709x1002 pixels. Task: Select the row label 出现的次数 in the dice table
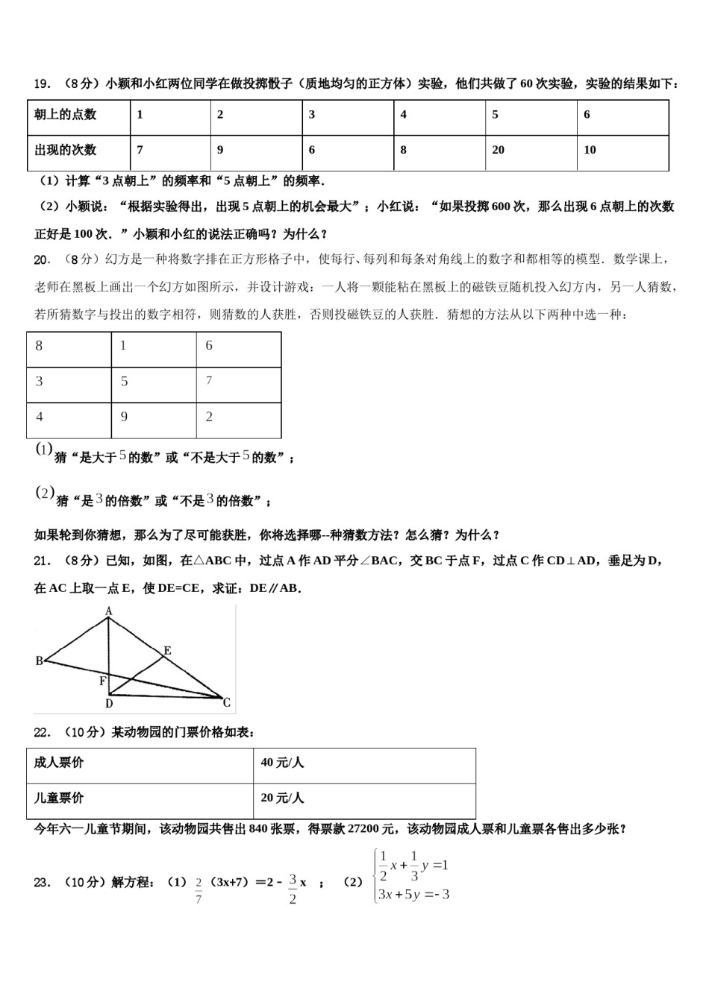click(x=66, y=150)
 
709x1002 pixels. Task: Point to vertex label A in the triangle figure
click(x=108, y=611)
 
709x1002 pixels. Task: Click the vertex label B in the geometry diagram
click(x=40, y=661)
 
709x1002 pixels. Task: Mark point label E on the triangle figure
click(x=167, y=651)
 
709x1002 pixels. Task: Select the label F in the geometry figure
click(x=103, y=681)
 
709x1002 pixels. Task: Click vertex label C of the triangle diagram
click(x=227, y=702)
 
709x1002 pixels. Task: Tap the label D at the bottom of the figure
click(x=109, y=703)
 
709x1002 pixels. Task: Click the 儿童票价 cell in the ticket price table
click(x=59, y=798)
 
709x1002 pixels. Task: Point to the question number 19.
click(x=42, y=84)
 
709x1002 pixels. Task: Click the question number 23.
click(x=42, y=883)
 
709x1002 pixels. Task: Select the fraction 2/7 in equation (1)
click(x=199, y=891)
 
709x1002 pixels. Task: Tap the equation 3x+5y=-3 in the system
click(x=413, y=895)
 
